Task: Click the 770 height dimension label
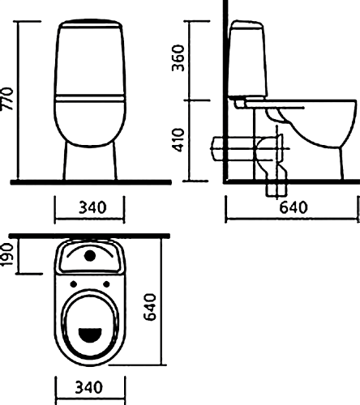[x=7, y=99]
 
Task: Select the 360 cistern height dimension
[x=178, y=58]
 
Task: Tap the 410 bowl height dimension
[x=178, y=140]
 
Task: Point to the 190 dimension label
[x=7, y=255]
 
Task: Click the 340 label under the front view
[x=92, y=207]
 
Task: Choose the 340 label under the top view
[x=89, y=387]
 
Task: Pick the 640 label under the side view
[x=294, y=207]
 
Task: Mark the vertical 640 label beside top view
[x=150, y=307]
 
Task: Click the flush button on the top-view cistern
[x=90, y=256]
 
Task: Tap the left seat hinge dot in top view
[x=74, y=284]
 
